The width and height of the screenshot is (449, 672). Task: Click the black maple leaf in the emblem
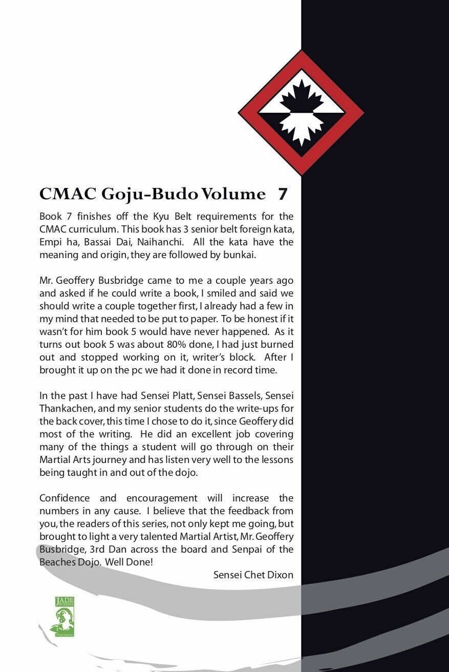click(301, 97)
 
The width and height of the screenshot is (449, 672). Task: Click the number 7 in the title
click(283, 195)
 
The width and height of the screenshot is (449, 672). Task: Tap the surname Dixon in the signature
click(280, 575)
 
